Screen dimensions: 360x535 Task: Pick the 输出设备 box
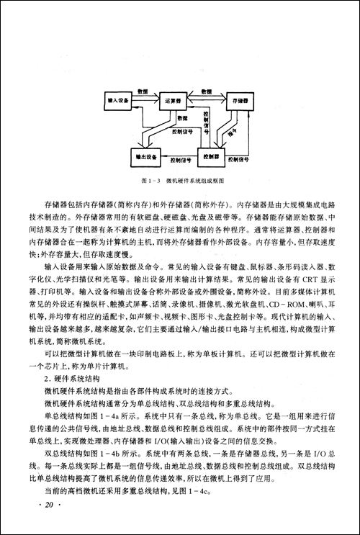[140, 155]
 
